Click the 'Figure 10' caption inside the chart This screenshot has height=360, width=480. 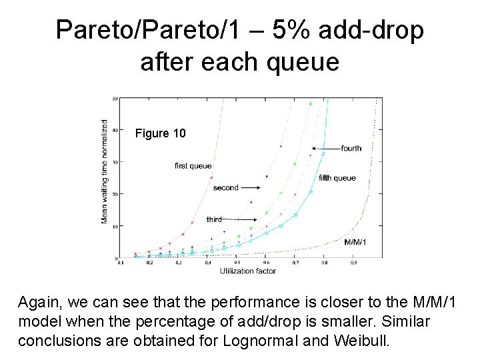pyautogui.click(x=160, y=134)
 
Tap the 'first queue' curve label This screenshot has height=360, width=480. pyautogui.click(x=193, y=166)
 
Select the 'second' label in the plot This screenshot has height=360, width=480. pyautogui.click(x=225, y=188)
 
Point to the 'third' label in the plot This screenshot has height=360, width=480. pyautogui.click(x=214, y=219)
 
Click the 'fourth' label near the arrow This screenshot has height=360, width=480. pyautogui.click(x=351, y=148)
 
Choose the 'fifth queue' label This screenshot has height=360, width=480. pyautogui.click(x=337, y=178)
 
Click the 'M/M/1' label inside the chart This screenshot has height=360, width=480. pyautogui.click(x=355, y=241)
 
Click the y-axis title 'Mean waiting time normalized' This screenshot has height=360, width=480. pyautogui.click(x=105, y=172)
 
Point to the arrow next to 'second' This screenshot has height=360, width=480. pyautogui.click(x=251, y=188)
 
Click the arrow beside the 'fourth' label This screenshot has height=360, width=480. pyautogui.click(x=325, y=148)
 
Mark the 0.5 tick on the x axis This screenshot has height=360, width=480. pyautogui.click(x=237, y=263)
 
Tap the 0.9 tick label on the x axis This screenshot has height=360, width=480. pyautogui.click(x=353, y=263)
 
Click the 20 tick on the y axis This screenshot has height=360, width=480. pyautogui.click(x=115, y=194)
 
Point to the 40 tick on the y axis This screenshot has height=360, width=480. pyautogui.click(x=115, y=131)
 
